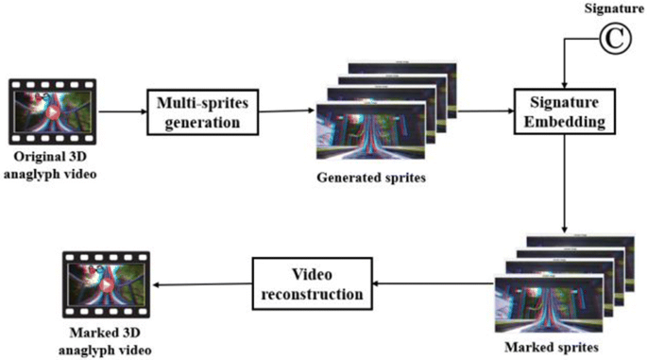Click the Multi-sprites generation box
(202, 111)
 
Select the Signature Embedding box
(565, 111)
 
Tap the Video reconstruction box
(313, 283)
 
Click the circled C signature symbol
(615, 39)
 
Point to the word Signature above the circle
(614, 9)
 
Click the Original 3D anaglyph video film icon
(52, 111)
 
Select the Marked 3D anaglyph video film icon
(106, 284)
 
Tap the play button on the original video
(52, 111)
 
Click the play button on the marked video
(107, 284)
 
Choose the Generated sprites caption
(371, 178)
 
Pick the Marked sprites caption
(552, 347)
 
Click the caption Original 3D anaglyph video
(50, 165)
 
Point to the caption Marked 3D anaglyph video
(105, 341)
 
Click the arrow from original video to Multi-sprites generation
(122, 111)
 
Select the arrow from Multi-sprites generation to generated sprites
(287, 111)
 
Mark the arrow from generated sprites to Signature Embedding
(485, 111)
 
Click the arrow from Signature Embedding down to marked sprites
(565, 183)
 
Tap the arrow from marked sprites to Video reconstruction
(434, 283)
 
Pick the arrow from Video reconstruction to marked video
(202, 284)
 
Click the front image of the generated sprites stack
(370, 131)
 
